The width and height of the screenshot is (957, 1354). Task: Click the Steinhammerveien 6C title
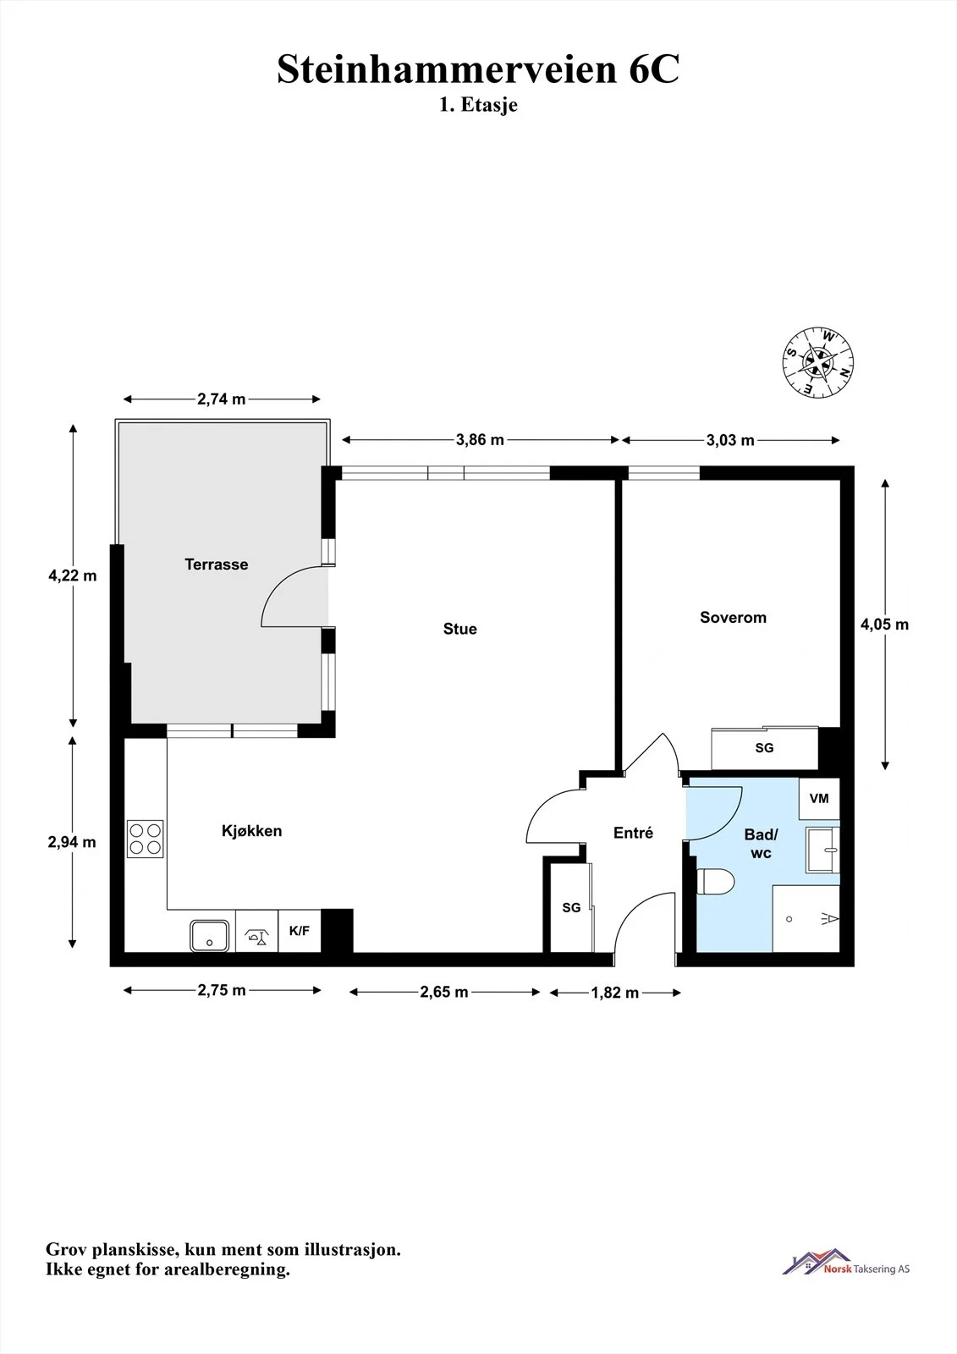click(478, 69)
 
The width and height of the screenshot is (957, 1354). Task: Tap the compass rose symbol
click(818, 363)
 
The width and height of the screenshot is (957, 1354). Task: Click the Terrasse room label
click(217, 564)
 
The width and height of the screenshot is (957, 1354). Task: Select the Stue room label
click(460, 629)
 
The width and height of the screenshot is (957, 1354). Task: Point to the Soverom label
click(733, 617)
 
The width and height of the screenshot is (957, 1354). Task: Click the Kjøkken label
click(251, 831)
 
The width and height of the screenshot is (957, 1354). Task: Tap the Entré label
click(633, 833)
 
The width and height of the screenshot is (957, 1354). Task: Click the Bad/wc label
click(762, 843)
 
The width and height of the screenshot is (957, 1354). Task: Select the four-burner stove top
click(145, 839)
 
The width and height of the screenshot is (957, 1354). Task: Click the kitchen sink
click(209, 936)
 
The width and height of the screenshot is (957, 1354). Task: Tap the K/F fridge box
click(300, 932)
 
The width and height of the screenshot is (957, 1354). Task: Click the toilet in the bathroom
click(716, 881)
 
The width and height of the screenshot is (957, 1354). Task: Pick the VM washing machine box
click(819, 799)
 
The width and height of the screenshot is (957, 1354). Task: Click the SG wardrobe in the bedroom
click(765, 748)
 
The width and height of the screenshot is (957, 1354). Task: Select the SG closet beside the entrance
click(571, 907)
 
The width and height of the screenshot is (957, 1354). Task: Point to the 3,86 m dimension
click(480, 440)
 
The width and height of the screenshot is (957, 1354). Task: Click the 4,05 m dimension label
click(884, 624)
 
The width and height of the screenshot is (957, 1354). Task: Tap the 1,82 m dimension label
click(615, 993)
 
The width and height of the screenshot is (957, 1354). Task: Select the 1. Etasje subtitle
click(478, 105)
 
